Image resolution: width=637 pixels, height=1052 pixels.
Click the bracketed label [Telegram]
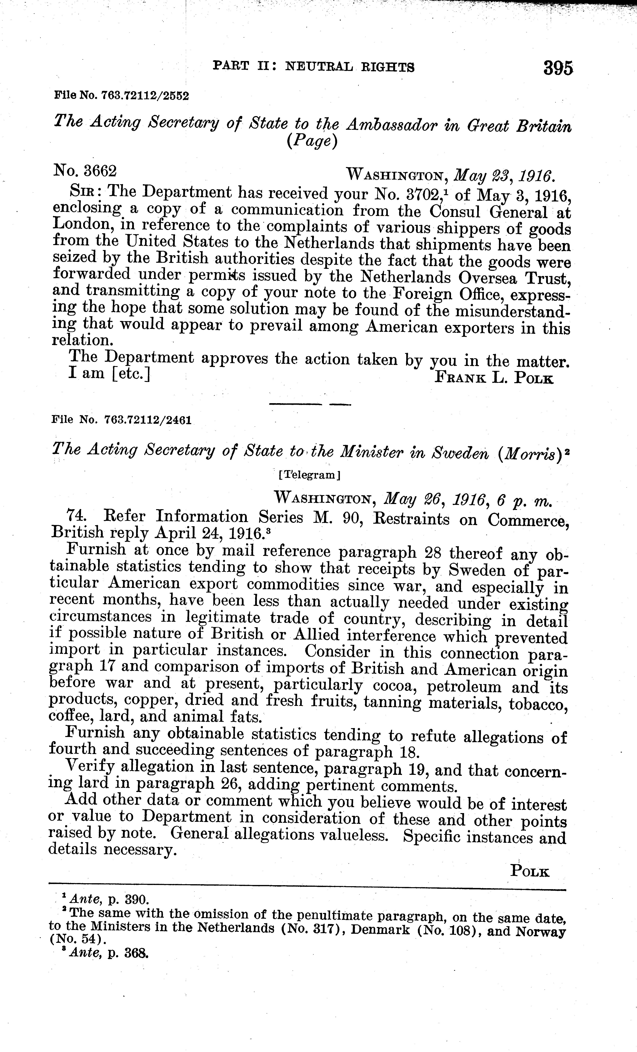point(310,475)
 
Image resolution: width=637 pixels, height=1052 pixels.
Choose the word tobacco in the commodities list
point(538,703)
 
